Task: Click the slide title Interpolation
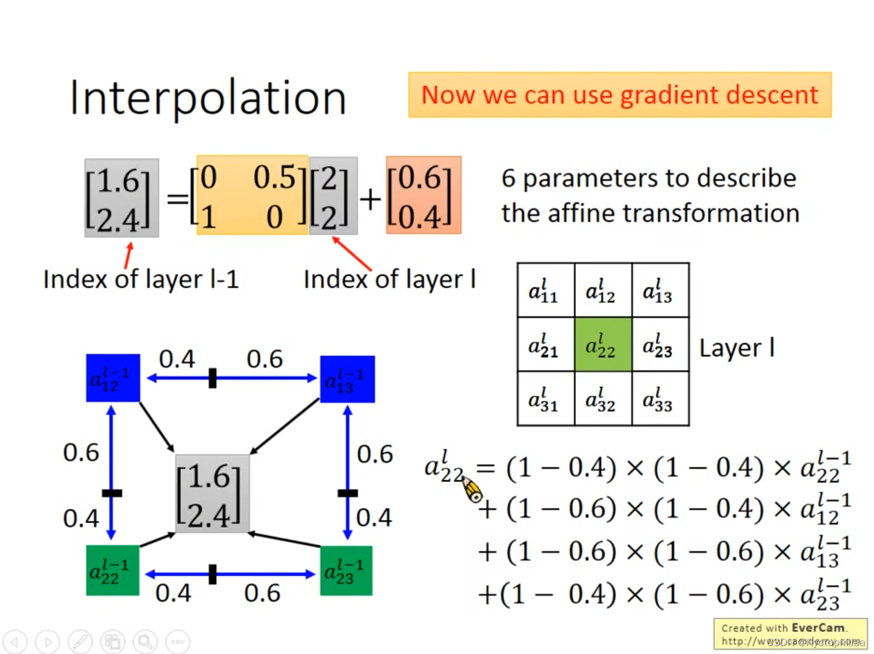tap(208, 98)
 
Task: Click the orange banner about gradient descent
tap(619, 95)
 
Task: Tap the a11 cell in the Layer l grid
tap(545, 291)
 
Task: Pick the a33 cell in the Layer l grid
tap(660, 400)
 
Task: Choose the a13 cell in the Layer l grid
tap(660, 291)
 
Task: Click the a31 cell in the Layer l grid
tap(545, 400)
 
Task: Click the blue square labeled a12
tap(113, 378)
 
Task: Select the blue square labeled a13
tap(347, 379)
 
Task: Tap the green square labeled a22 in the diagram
tap(112, 570)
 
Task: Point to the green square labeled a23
tap(346, 571)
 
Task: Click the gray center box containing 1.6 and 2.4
tap(212, 494)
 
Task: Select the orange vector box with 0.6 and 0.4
tap(423, 195)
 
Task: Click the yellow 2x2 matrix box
tap(252, 195)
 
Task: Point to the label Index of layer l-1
tap(141, 279)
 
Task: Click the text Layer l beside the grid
tap(736, 348)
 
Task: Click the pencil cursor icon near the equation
tap(472, 489)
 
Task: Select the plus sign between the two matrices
tap(370, 199)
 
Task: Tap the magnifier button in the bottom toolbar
tap(145, 641)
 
